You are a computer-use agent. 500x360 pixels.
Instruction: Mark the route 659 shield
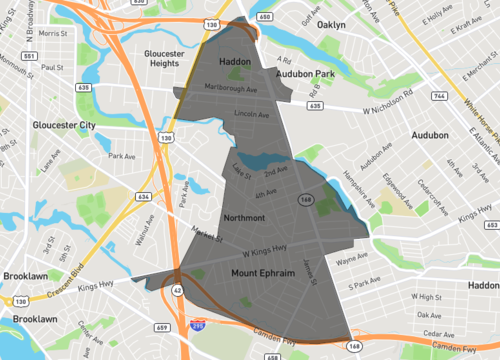click(x=162, y=326)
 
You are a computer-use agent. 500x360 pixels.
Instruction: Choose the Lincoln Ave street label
click(x=251, y=115)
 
